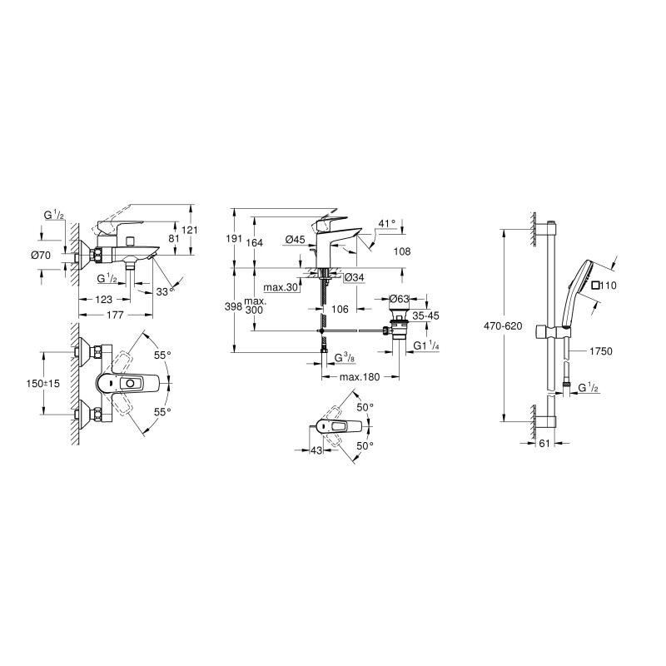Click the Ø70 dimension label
[x=41, y=256]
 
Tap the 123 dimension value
[x=103, y=300]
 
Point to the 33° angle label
[x=165, y=292]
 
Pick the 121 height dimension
[x=191, y=231]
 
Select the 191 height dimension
[x=233, y=238]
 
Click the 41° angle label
[x=387, y=223]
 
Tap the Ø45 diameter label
[x=296, y=240]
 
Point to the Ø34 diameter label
[x=355, y=278]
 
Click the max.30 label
[x=281, y=287]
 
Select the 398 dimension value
[x=233, y=306]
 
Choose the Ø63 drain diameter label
[x=400, y=299]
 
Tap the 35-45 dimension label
[x=425, y=316]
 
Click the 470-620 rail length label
[x=504, y=326]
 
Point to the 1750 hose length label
[x=601, y=350]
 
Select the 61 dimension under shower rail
[x=544, y=444]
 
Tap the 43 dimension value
[x=316, y=450]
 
